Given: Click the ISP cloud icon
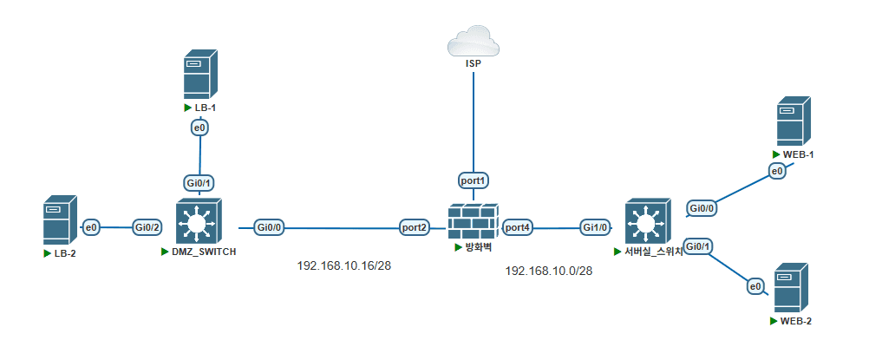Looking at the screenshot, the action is tap(474, 41).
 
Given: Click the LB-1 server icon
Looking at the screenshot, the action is tap(200, 74).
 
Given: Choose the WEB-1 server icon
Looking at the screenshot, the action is tap(794, 121).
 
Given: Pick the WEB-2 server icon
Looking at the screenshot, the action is tap(791, 288).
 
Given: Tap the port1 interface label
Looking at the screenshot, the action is tap(474, 180).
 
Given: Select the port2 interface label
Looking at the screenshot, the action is tap(415, 227).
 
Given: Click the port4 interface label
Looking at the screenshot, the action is tap(518, 227).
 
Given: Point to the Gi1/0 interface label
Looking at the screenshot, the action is tap(595, 227).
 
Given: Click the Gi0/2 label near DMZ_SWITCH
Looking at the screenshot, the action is tap(147, 227).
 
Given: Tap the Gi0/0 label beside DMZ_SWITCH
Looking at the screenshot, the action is tap(271, 227).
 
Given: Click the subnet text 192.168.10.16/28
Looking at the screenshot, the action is tap(344, 265).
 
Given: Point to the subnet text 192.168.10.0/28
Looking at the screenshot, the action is tap(549, 272).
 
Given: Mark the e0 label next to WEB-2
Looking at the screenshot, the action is tap(755, 286).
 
